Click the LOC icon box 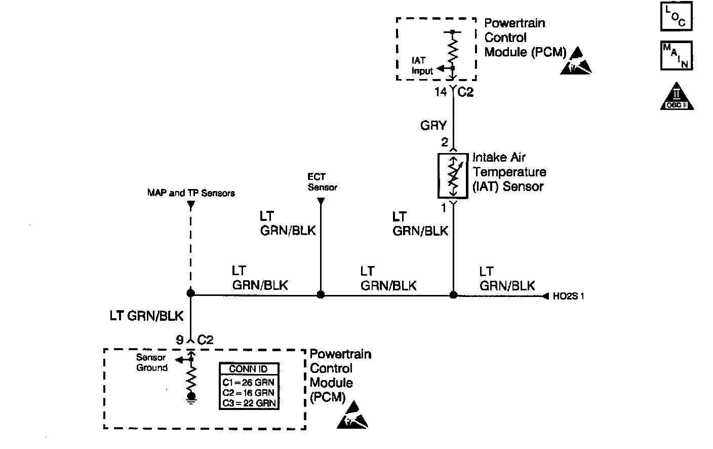676,17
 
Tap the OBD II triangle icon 677,97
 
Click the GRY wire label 433,125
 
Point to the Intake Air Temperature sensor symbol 453,175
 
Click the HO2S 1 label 568,296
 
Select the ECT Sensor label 322,182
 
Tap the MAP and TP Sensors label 191,193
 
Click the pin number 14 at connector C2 441,92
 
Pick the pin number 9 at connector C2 180,340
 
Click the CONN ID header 248,369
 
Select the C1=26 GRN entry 248,382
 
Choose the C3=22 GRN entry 248,403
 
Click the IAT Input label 422,66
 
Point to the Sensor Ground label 151,363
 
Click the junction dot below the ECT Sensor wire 320,294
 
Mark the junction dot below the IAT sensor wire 453,294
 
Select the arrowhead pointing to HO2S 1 545,296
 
